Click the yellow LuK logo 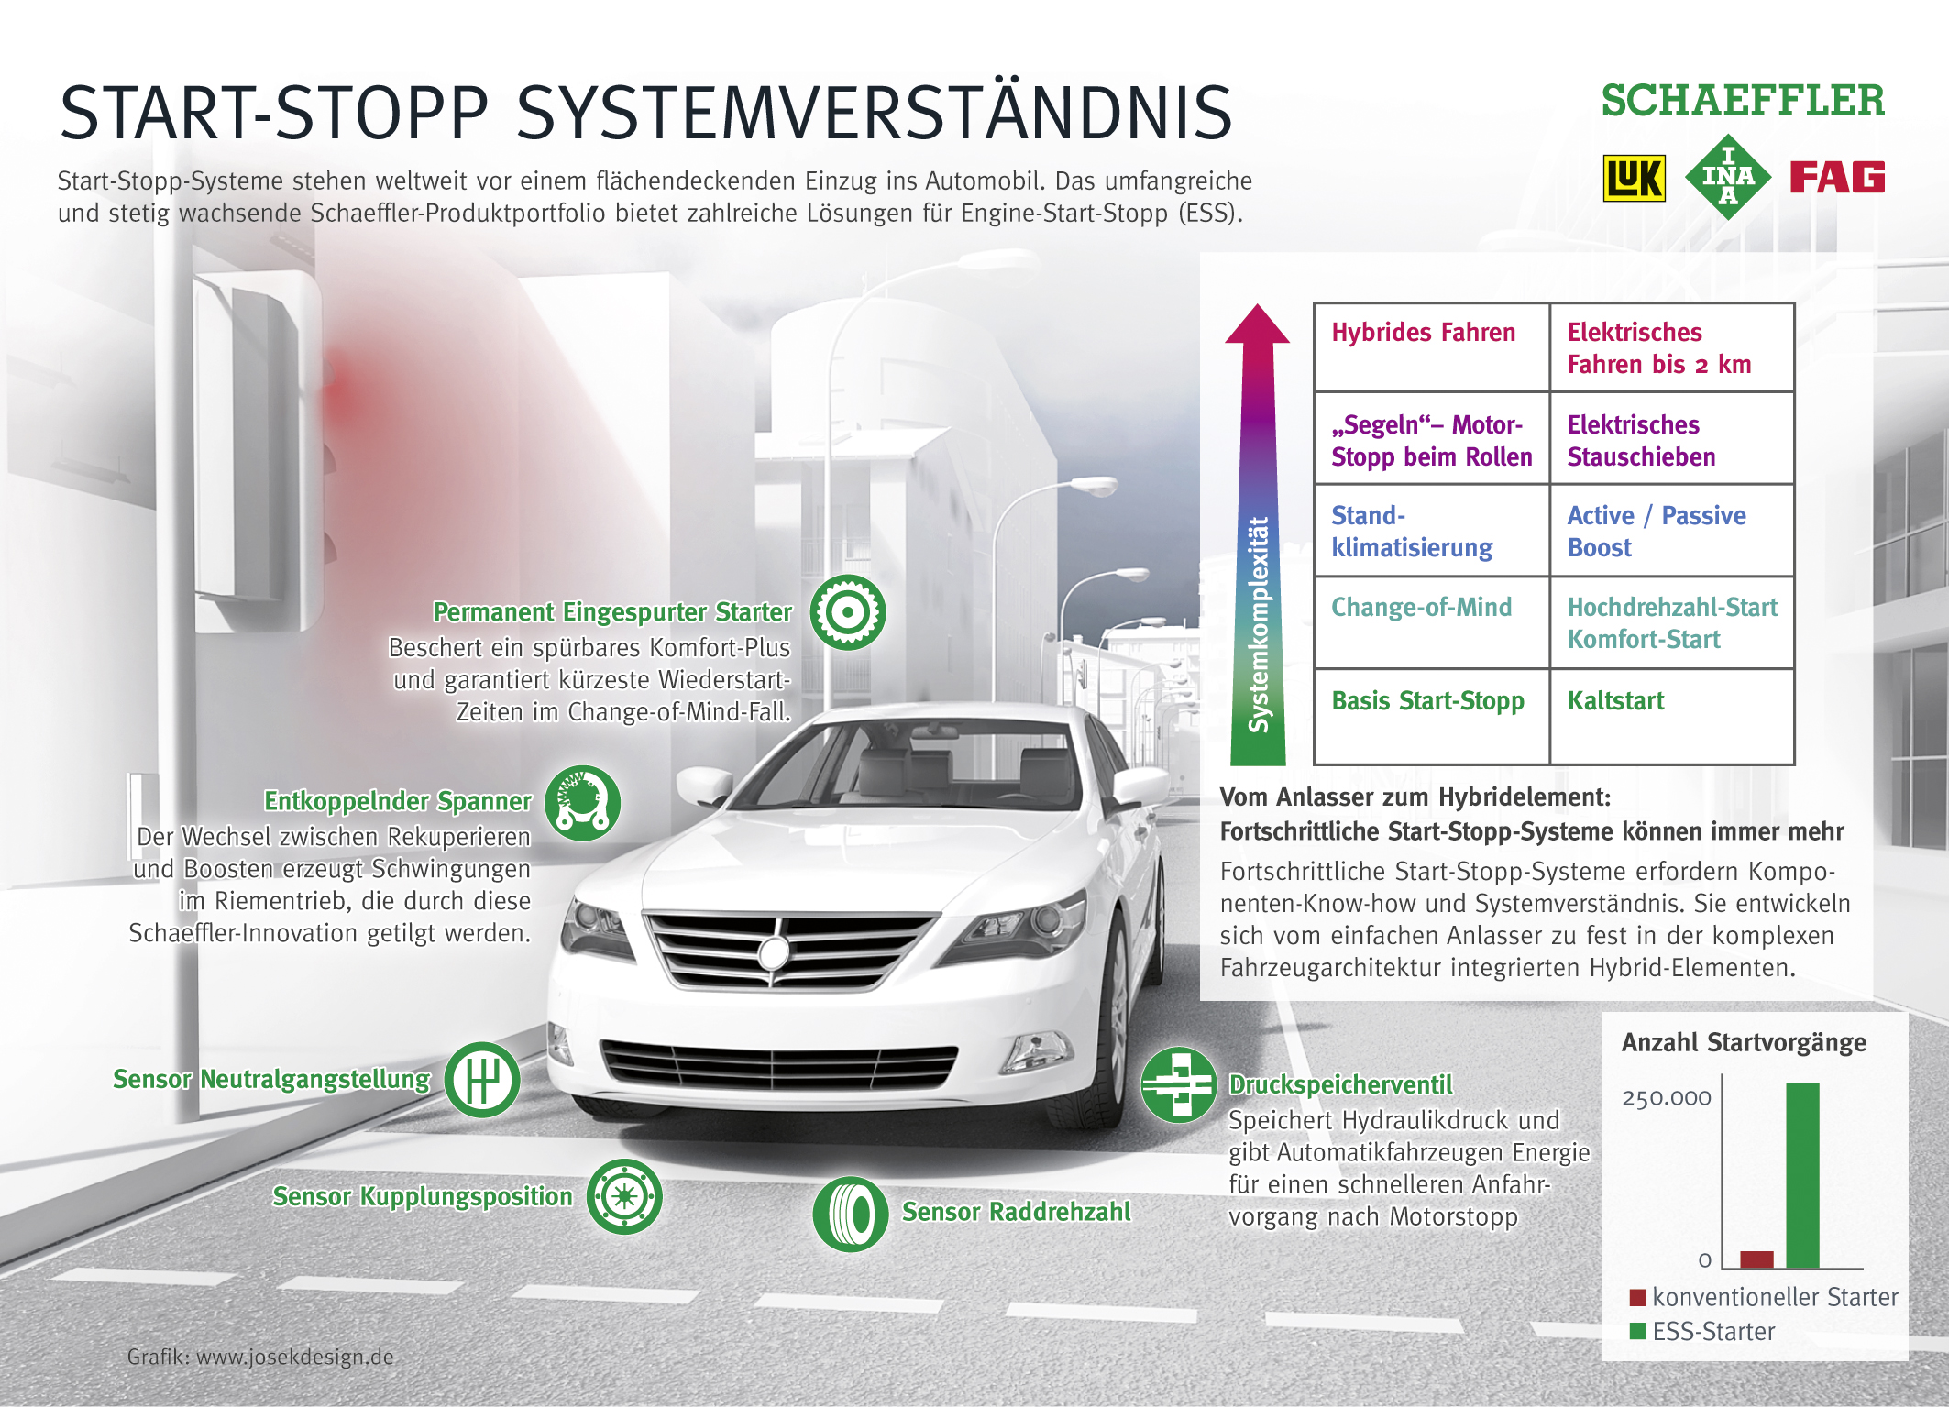pos(1634,178)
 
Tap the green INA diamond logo pos(1728,176)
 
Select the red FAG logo pos(1836,177)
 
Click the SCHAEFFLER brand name pos(1743,102)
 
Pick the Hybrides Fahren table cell pos(1431,346)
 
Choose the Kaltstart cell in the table pos(1671,716)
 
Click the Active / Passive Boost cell pos(1671,531)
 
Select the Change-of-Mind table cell pos(1431,622)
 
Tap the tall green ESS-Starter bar pos(1802,1175)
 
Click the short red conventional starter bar pos(1756,1259)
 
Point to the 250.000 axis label pos(1666,1098)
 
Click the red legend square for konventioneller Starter pos(1638,1297)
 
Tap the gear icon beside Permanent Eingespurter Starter pos(848,612)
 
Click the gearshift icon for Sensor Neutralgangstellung pos(482,1080)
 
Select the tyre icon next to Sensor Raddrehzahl pos(850,1215)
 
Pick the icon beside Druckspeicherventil pos(1179,1085)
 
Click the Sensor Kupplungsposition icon pos(624,1196)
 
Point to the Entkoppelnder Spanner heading pos(397,801)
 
